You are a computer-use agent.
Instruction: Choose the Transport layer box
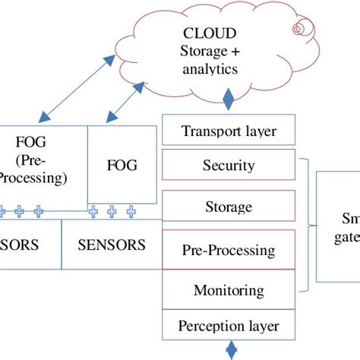pyautogui.click(x=229, y=131)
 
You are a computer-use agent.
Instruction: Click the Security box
pyautogui.click(x=229, y=165)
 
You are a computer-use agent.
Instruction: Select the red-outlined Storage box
pyautogui.click(x=229, y=207)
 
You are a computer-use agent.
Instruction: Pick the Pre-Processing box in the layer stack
pyautogui.click(x=229, y=248)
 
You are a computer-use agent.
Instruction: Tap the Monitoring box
pyautogui.click(x=229, y=289)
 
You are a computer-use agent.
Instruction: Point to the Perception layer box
pyautogui.click(x=229, y=327)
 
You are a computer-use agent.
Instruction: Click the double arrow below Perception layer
pyautogui.click(x=229, y=350)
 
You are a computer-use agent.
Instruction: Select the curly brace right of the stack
pyautogui.click(x=308, y=226)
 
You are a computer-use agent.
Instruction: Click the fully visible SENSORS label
pyautogui.click(x=112, y=245)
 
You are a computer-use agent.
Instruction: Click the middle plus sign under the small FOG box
pyautogui.click(x=112, y=210)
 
